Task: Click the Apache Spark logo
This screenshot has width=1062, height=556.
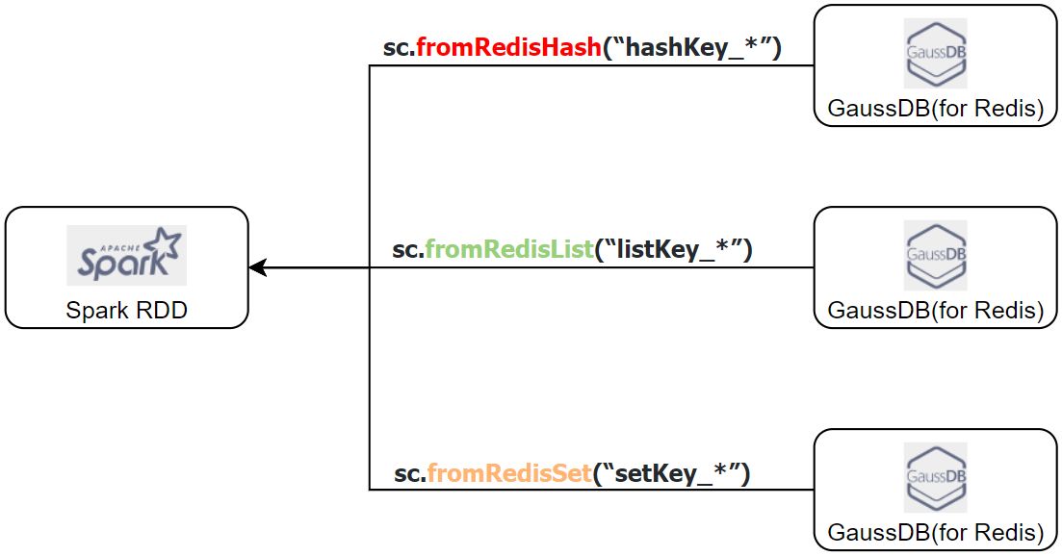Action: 127,255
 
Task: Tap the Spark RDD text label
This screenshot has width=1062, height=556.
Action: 127,311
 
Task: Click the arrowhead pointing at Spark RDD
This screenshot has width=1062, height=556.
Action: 257,267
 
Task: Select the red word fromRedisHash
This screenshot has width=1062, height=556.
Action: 508,47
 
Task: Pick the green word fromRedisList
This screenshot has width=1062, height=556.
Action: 509,249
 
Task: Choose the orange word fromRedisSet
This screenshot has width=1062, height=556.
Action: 509,473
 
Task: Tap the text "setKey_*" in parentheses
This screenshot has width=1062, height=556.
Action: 672,474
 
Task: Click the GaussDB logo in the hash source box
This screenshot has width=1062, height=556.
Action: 935,54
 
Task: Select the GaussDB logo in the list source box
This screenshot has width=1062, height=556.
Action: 935,255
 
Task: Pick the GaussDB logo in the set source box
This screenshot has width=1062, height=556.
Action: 935,477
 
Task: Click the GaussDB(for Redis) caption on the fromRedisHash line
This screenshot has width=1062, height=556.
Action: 935,109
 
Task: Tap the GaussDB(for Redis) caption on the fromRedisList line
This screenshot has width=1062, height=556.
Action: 935,311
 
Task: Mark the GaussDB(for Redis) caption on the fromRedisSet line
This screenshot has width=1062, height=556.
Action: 935,532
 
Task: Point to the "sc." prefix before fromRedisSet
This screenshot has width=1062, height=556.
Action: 410,474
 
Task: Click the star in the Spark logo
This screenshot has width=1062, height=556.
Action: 167,243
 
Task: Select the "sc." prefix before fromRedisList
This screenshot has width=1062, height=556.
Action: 408,251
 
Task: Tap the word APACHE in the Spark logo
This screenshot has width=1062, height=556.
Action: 120,248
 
